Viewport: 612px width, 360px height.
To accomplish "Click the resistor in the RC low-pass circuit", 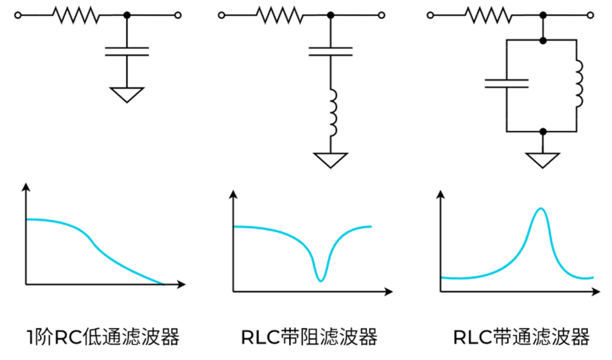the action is (x=76, y=15).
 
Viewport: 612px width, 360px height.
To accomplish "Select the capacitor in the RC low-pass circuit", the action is (x=127, y=52).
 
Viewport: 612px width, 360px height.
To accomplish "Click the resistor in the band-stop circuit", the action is (x=280, y=15).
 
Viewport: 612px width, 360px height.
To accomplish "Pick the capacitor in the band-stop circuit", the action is (x=330, y=52).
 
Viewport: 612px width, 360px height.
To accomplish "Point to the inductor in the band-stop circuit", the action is (x=333, y=112).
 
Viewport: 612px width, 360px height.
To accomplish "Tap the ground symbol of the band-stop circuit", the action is (x=330, y=160).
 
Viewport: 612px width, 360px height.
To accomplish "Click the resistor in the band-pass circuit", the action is (x=488, y=15).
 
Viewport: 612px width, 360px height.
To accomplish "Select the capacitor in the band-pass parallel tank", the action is (x=507, y=83).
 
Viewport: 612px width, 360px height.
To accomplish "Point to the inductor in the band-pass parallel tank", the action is (x=580, y=83).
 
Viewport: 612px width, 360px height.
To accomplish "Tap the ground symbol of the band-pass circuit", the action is (x=542, y=160).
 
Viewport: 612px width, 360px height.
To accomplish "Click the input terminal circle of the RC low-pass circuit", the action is (x=18, y=15).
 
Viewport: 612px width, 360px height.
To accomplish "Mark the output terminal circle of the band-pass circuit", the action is (x=590, y=15).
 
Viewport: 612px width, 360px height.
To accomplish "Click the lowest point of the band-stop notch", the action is (x=320, y=281).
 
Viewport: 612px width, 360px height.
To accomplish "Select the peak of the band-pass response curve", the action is (x=541, y=209).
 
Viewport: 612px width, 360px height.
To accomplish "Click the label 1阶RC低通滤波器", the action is (x=103, y=337).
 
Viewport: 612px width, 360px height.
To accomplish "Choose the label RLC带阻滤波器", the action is (x=309, y=337).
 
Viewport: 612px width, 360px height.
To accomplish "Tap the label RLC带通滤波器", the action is (x=521, y=337).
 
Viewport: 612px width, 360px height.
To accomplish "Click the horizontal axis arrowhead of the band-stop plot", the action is (x=388, y=291).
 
